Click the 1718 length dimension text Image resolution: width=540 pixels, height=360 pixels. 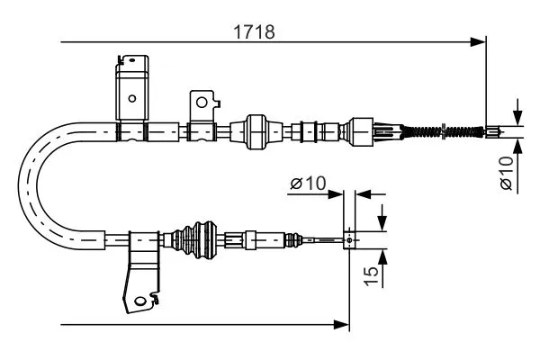(255, 30)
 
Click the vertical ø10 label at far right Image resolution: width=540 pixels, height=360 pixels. (506, 173)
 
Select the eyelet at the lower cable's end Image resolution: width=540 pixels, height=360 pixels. (349, 240)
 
